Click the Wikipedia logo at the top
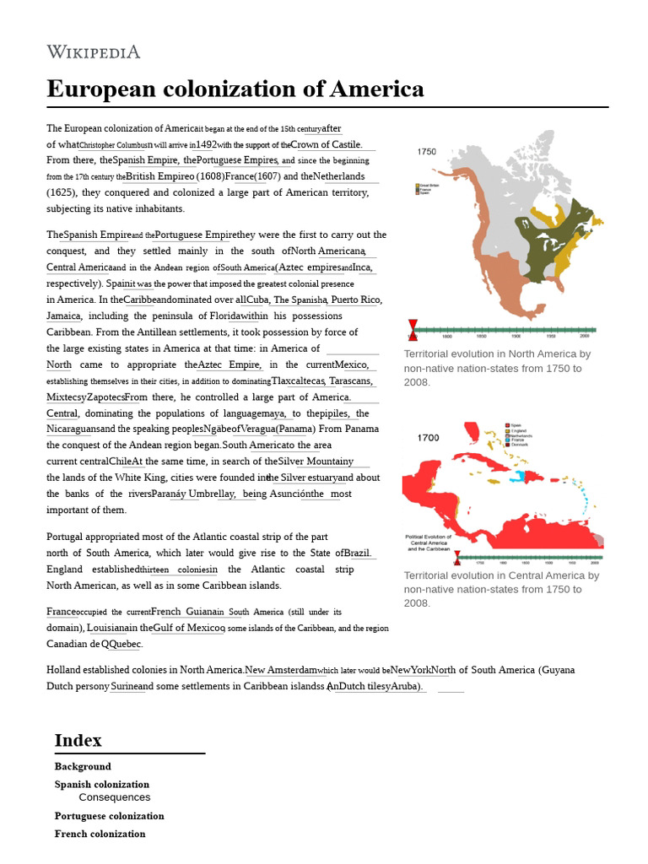click(93, 52)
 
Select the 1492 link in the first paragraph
click(206, 144)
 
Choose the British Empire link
click(159, 176)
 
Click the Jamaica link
click(63, 316)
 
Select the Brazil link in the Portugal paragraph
click(357, 553)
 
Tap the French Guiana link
click(186, 612)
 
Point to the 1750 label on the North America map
click(427, 152)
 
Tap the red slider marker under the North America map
click(413, 328)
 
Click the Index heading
click(78, 740)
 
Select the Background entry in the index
click(83, 766)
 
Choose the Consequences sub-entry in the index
click(115, 797)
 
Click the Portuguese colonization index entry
click(110, 816)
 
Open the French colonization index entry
click(100, 834)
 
